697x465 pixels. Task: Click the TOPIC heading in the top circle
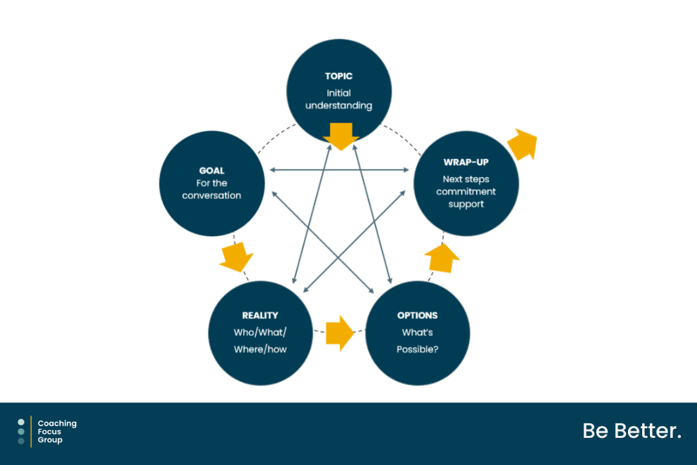(339, 76)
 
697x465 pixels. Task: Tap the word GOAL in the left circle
(212, 171)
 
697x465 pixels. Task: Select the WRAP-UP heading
(466, 162)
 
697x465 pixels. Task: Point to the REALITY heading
(260, 315)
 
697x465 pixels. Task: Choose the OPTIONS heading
(418, 315)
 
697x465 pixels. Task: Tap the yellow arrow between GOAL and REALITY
(236, 257)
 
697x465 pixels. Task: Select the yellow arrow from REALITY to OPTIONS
(339, 333)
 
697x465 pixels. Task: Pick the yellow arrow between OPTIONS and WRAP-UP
(442, 258)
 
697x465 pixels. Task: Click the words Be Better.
(632, 431)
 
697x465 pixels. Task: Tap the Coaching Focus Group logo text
(57, 431)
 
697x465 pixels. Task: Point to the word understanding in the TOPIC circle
(339, 106)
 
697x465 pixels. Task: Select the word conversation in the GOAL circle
(212, 196)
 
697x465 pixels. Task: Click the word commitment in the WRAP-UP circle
(466, 192)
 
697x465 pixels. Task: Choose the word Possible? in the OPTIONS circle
(418, 350)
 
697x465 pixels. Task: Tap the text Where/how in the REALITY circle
(260, 350)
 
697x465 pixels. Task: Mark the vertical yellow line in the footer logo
(31, 431)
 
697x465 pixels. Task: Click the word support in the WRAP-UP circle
(466, 205)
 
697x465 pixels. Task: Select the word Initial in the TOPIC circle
(339, 94)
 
